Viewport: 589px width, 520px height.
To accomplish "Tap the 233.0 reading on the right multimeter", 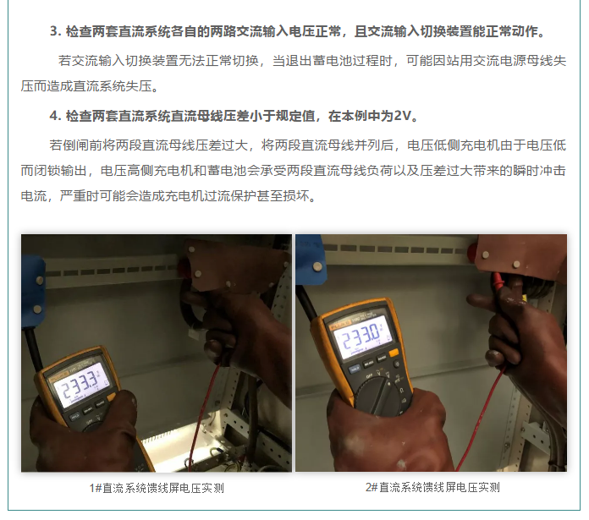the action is click(x=361, y=336).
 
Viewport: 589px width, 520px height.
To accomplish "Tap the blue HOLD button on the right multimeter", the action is click(x=355, y=369).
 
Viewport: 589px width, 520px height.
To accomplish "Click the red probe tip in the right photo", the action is click(x=498, y=281).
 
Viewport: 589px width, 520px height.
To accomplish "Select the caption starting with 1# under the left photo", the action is click(x=157, y=488).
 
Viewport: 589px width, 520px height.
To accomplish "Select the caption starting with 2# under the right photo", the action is click(x=432, y=487).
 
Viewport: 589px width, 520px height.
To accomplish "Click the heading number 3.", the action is click(x=55, y=31).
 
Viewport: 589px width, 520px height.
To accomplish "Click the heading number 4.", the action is click(x=55, y=116).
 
